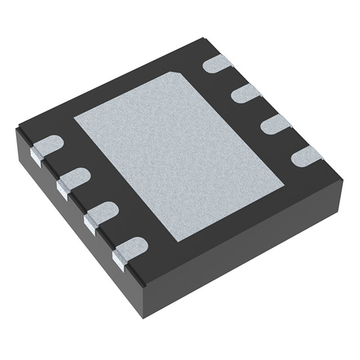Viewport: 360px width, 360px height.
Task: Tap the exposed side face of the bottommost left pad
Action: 119,258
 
